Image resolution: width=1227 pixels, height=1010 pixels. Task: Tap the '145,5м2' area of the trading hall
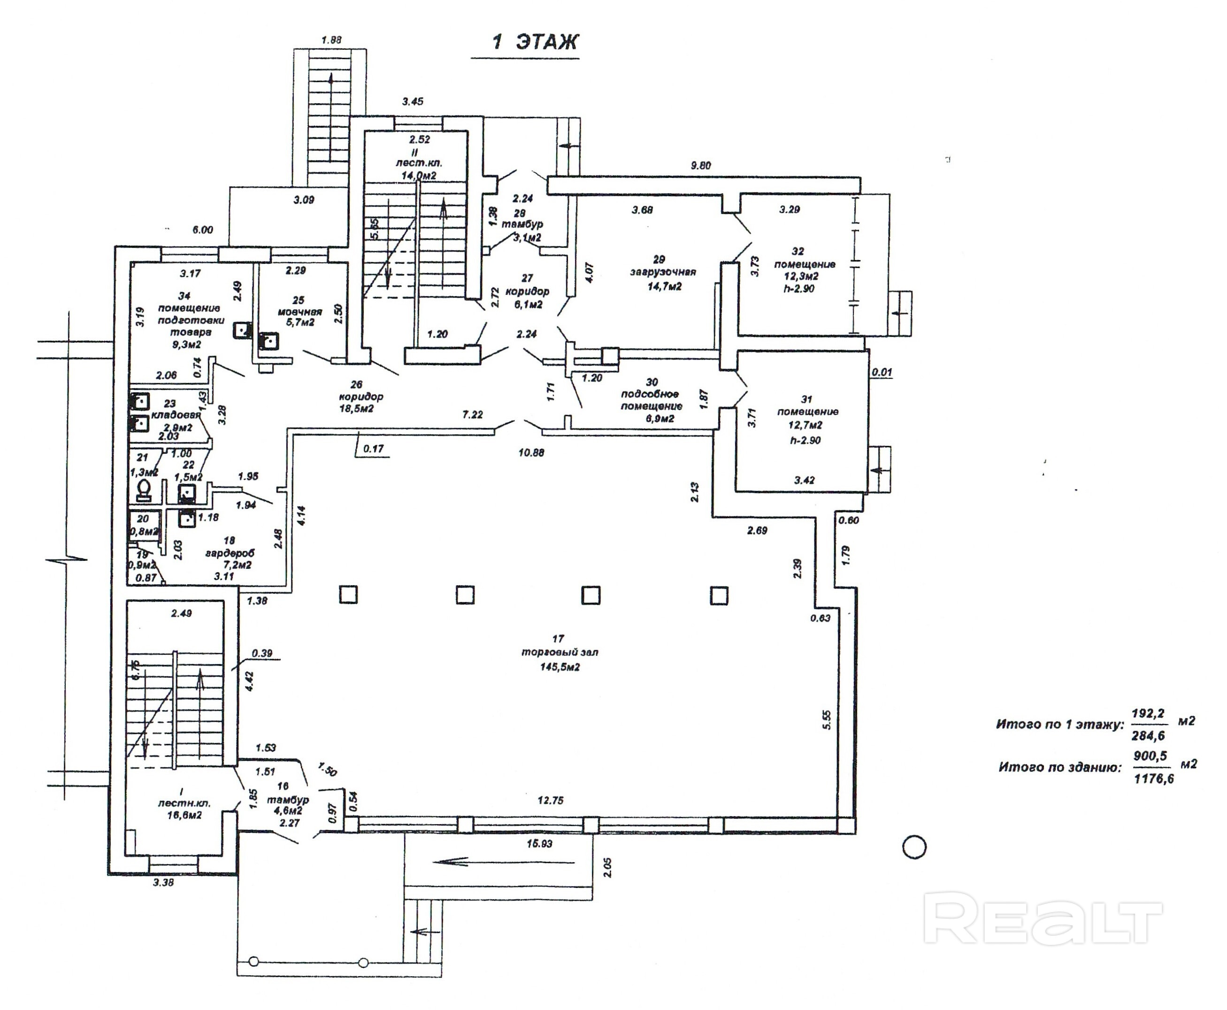pyautogui.click(x=559, y=667)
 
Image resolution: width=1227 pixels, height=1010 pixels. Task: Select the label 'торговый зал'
pyautogui.click(x=559, y=652)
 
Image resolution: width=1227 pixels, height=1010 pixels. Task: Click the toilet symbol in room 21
pyautogui.click(x=144, y=491)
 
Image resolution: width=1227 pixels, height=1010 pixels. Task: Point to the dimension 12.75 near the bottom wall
pyautogui.click(x=550, y=801)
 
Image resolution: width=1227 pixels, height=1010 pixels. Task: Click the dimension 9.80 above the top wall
pyautogui.click(x=700, y=166)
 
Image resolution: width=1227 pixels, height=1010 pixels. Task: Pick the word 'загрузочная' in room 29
pyautogui.click(x=663, y=272)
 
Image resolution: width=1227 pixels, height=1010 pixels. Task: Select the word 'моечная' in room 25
pyautogui.click(x=299, y=312)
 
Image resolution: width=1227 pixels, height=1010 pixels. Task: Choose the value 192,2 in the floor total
pyautogui.click(x=1148, y=713)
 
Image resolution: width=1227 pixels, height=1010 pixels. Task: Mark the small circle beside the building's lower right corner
pyautogui.click(x=913, y=847)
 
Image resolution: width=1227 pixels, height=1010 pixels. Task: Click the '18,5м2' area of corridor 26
pyautogui.click(x=356, y=409)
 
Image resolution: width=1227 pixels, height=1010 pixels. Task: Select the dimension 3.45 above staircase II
pyautogui.click(x=413, y=102)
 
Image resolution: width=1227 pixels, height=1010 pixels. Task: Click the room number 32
pyautogui.click(x=798, y=252)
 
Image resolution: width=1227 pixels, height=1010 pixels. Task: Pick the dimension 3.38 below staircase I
pyautogui.click(x=163, y=883)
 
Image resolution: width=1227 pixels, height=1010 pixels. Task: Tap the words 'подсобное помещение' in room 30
pyautogui.click(x=651, y=400)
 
